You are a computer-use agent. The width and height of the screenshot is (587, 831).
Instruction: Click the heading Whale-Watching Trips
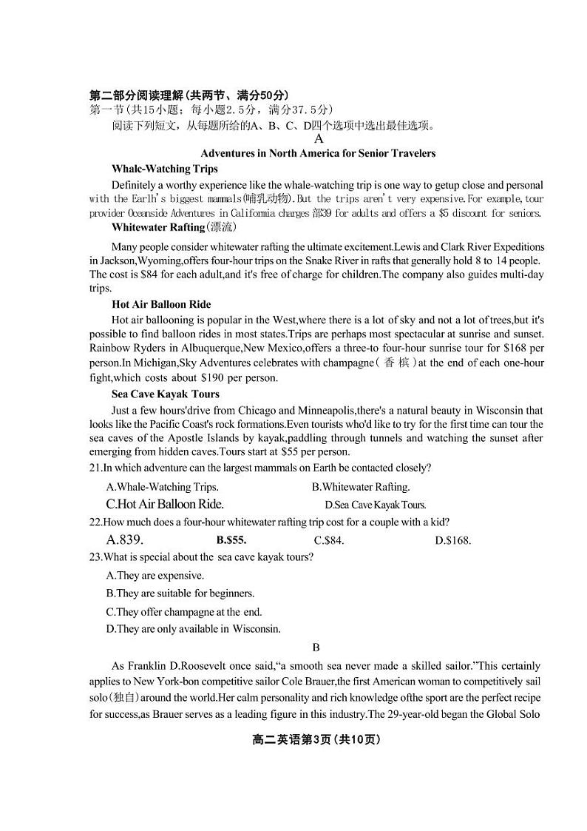[x=164, y=169]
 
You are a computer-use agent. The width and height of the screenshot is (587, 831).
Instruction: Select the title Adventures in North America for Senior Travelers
[x=318, y=153]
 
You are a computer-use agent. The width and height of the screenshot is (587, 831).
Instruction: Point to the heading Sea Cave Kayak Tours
[x=165, y=394]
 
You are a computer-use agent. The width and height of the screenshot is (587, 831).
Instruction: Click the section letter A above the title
[x=319, y=138]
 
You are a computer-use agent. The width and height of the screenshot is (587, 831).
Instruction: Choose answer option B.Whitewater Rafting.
[x=360, y=487]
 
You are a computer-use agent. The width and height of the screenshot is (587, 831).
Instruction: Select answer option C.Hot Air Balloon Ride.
[x=164, y=504]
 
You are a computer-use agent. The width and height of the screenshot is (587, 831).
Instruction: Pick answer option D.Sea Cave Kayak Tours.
[x=375, y=505]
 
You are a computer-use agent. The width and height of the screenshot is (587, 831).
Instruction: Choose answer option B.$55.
[x=231, y=540]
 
